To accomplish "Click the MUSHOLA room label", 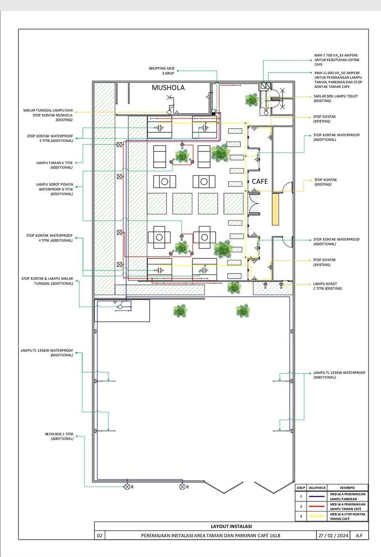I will tap(168, 87).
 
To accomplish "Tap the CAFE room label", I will tap(260, 181).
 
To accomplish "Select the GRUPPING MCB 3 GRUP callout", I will tap(161, 71).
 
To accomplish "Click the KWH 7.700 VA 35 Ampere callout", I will tap(336, 60).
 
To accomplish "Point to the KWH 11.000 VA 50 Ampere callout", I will tap(338, 79).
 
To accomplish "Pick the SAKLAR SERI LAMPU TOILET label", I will tap(335, 98).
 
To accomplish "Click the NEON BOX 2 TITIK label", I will tap(59, 436).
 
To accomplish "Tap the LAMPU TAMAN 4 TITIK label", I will tap(54, 165).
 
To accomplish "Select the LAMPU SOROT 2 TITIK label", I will tap(327, 286).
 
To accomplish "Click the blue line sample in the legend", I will tap(316, 497).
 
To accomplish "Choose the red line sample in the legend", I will tap(316, 506).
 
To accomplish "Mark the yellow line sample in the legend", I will tap(316, 516).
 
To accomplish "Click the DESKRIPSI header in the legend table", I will tap(347, 487).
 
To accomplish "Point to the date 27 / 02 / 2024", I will tap(333, 536).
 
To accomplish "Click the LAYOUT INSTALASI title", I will tap(231, 526).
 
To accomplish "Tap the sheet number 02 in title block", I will tap(100, 536).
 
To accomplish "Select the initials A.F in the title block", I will tap(359, 536).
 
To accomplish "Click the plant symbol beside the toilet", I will tap(252, 99).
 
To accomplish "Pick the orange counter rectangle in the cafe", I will tap(275, 209).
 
